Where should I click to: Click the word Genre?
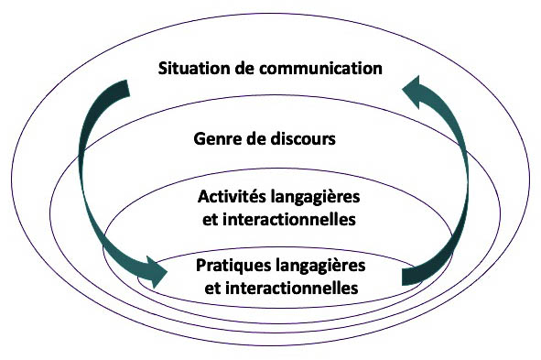(x=215, y=140)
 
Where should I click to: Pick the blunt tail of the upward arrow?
(x=412, y=275)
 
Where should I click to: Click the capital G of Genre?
(x=200, y=140)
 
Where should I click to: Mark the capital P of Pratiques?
(x=201, y=267)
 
